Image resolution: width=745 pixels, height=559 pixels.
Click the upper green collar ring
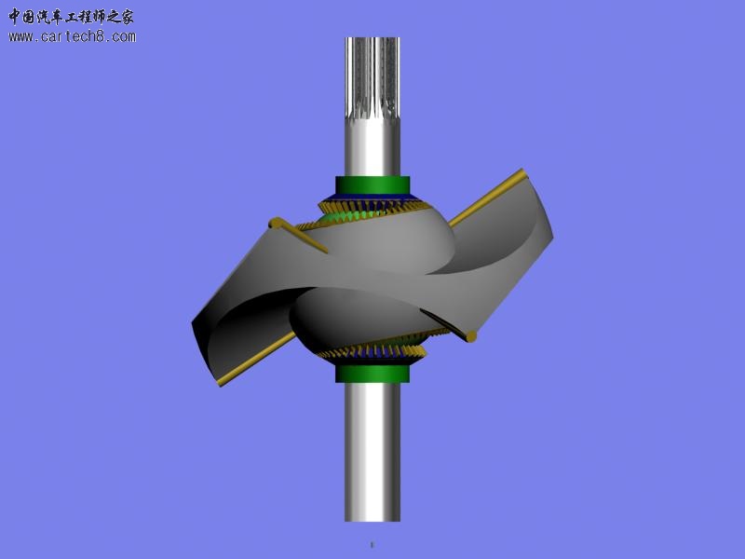tap(372, 184)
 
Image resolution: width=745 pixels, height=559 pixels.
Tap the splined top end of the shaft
tap(372, 75)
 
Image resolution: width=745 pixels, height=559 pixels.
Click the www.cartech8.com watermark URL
tap(73, 37)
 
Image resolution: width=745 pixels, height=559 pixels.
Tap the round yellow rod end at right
tap(471, 335)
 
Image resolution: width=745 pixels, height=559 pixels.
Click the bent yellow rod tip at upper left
tap(276, 223)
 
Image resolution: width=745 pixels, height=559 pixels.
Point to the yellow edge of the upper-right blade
tap(484, 198)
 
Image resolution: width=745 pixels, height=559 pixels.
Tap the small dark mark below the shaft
tap(372, 544)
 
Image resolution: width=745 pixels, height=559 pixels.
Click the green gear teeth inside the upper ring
tap(340, 218)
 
